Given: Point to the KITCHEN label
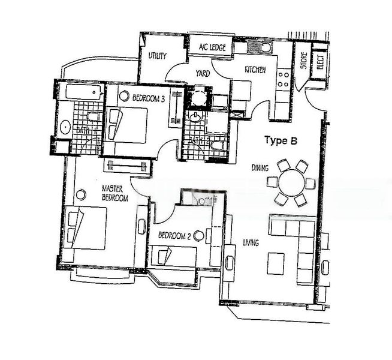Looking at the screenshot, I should point(255,70).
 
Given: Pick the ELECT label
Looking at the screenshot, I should point(320,62).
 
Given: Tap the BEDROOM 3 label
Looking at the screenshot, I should point(149,98).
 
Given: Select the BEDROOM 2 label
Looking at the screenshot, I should point(174,236).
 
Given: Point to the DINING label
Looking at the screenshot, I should point(260,168).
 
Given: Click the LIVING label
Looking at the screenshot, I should point(251,243).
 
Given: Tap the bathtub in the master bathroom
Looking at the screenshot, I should point(80,92).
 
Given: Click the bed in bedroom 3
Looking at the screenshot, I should point(128,125).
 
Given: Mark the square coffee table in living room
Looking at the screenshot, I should point(275,263).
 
